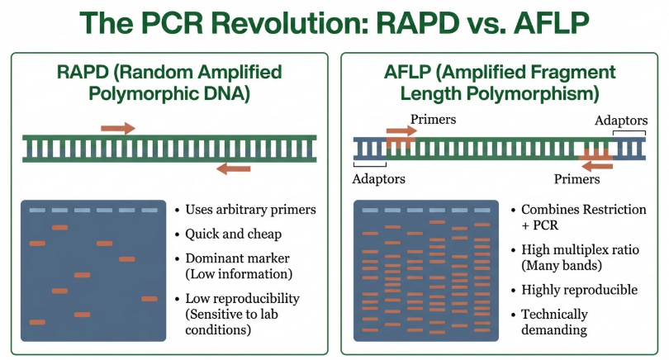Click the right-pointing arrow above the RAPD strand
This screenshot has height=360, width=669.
tap(118, 128)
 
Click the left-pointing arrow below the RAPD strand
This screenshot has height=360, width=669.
tap(234, 168)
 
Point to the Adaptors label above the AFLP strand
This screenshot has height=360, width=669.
tap(621, 121)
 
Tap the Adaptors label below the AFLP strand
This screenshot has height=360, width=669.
tap(379, 178)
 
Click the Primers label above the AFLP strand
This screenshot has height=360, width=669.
tap(433, 120)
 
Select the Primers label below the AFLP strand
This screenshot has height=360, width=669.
tap(577, 178)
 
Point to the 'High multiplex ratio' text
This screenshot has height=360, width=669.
tap(579, 249)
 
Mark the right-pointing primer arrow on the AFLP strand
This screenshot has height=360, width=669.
tap(401, 130)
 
